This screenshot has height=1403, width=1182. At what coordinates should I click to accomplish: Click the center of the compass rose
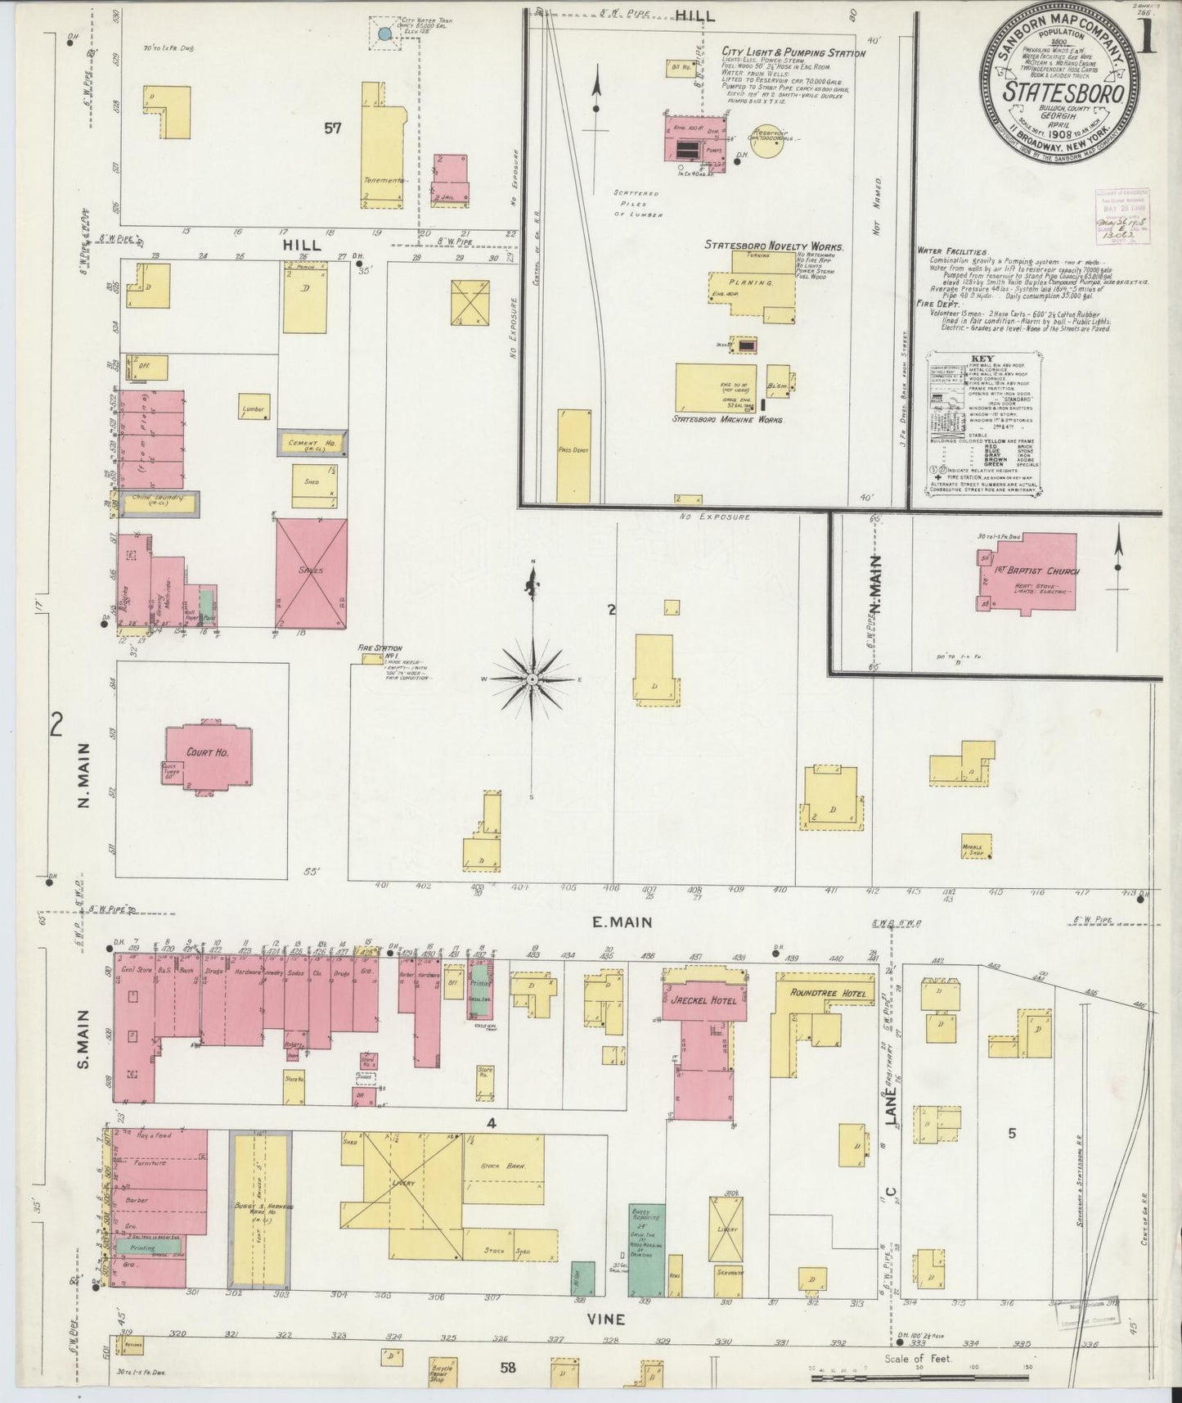coord(533,679)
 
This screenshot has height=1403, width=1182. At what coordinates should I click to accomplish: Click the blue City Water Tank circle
coord(384,34)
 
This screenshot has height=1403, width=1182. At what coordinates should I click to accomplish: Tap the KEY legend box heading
coord(982,359)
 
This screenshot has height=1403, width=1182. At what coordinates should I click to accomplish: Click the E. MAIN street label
coord(622,923)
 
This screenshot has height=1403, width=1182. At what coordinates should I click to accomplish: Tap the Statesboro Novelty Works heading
coord(775,246)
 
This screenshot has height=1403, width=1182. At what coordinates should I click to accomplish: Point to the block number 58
coord(508,1366)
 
